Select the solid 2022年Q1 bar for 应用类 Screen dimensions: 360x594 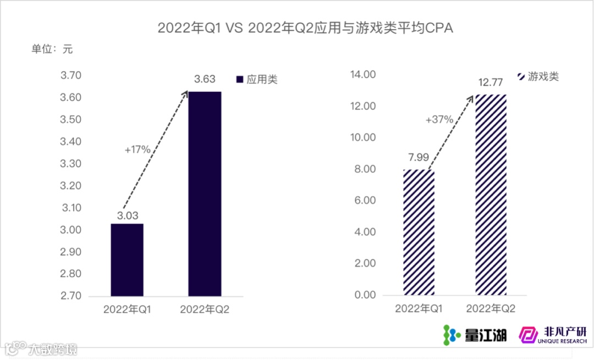[x=127, y=259]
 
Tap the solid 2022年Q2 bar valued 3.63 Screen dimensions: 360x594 [x=205, y=193]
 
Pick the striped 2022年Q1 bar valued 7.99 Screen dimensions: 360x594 [x=419, y=232]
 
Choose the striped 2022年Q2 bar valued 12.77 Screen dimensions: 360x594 [x=491, y=195]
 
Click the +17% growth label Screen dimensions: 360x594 [x=137, y=149]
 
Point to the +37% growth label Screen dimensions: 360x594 [x=439, y=119]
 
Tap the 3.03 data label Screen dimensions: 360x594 [x=127, y=215]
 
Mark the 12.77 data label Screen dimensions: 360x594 [x=491, y=83]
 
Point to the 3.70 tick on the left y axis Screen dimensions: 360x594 [x=71, y=75]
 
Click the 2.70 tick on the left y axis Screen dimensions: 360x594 [x=71, y=296]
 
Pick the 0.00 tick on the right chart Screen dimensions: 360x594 [x=365, y=295]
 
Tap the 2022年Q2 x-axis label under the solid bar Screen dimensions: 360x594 [x=205, y=310]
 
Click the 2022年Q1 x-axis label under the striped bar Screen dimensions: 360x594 [x=419, y=309]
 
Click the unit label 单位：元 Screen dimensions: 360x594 [x=52, y=48]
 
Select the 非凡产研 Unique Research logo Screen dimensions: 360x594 [x=553, y=334]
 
